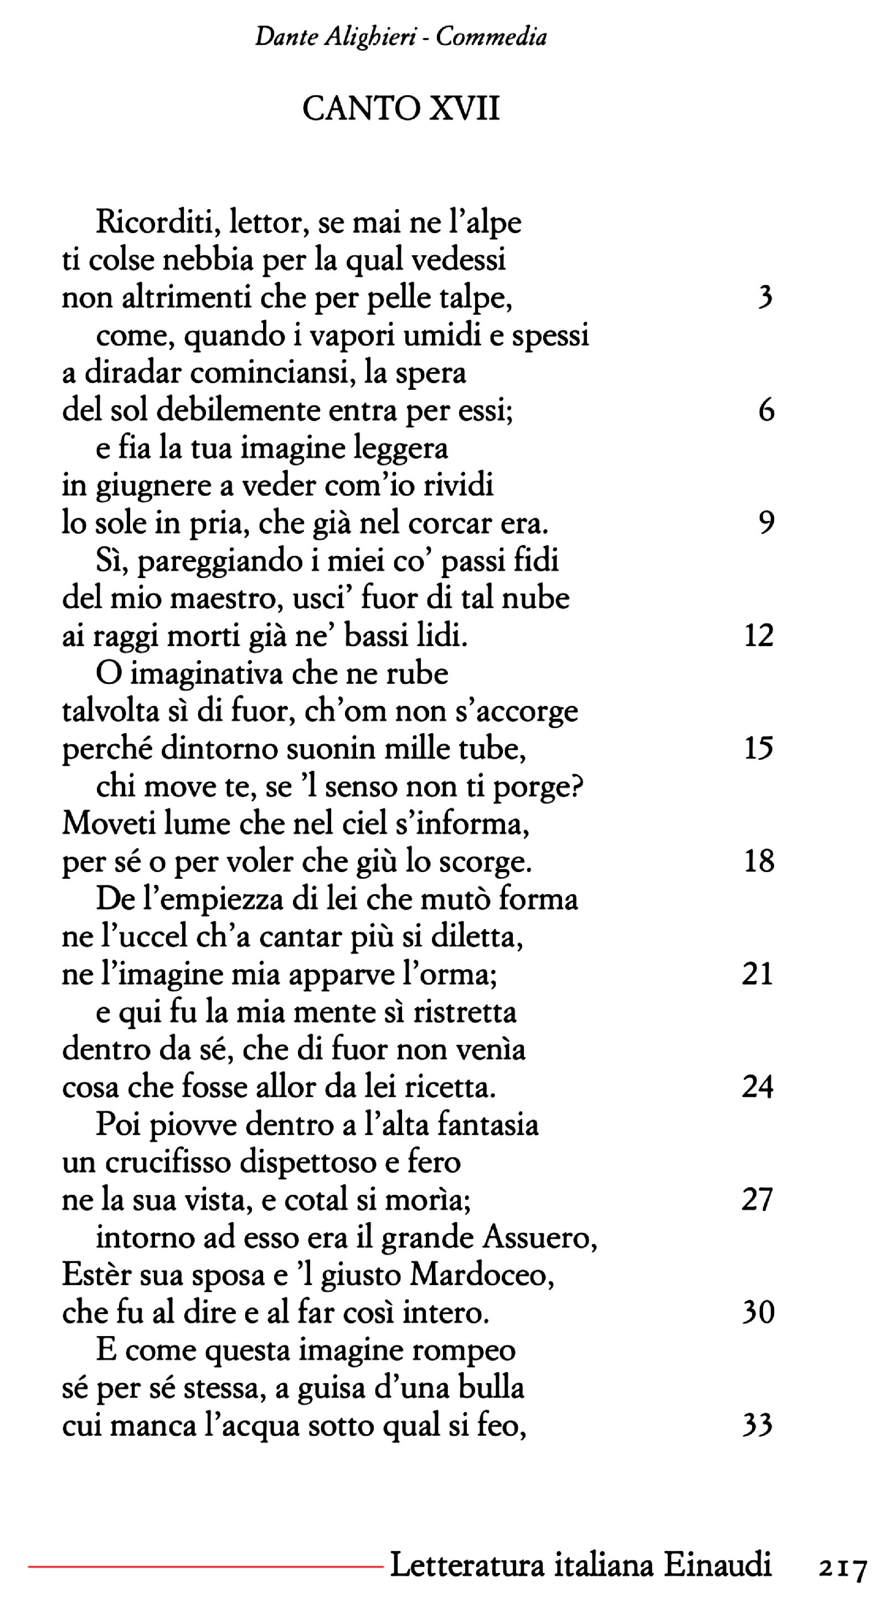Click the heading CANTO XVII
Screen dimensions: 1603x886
coord(401,110)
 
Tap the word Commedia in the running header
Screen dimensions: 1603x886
coord(491,37)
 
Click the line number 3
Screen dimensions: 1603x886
coord(766,298)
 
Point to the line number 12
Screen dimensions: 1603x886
coord(759,635)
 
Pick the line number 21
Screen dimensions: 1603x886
coord(757,973)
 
